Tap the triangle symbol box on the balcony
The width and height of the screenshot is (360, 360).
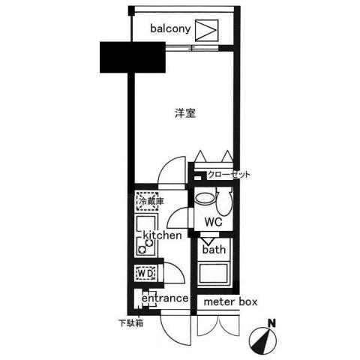click(x=208, y=30)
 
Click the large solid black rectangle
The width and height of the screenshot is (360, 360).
click(x=132, y=58)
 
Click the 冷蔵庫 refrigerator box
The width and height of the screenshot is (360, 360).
click(x=147, y=201)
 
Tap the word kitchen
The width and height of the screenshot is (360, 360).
click(x=158, y=235)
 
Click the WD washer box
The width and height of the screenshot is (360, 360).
click(x=145, y=274)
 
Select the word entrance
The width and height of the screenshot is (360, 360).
click(x=164, y=298)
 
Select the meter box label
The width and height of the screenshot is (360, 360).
click(x=231, y=302)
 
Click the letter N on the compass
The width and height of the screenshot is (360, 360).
click(x=272, y=323)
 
